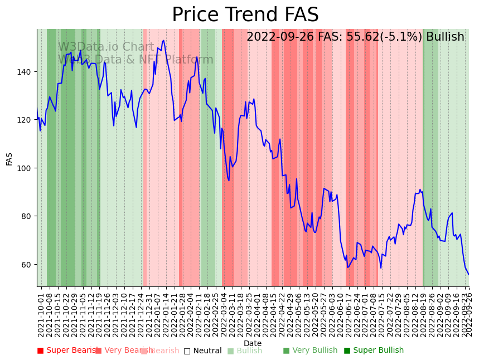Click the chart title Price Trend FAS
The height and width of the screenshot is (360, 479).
(245, 15)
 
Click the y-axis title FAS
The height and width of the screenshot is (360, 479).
(9, 159)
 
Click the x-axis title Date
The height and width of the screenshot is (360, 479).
(252, 343)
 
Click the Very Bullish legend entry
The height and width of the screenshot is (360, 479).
(310, 351)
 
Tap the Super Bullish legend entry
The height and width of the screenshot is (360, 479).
(374, 351)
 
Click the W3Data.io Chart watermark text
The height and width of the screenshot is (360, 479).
(106, 47)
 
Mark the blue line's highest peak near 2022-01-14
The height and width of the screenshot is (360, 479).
(163, 40)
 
